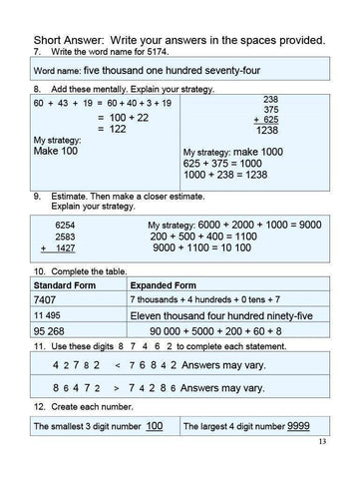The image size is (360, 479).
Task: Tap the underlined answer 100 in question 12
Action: [154, 426]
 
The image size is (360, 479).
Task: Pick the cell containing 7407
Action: [47, 299]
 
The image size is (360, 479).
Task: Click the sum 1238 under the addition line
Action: [267, 131]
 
